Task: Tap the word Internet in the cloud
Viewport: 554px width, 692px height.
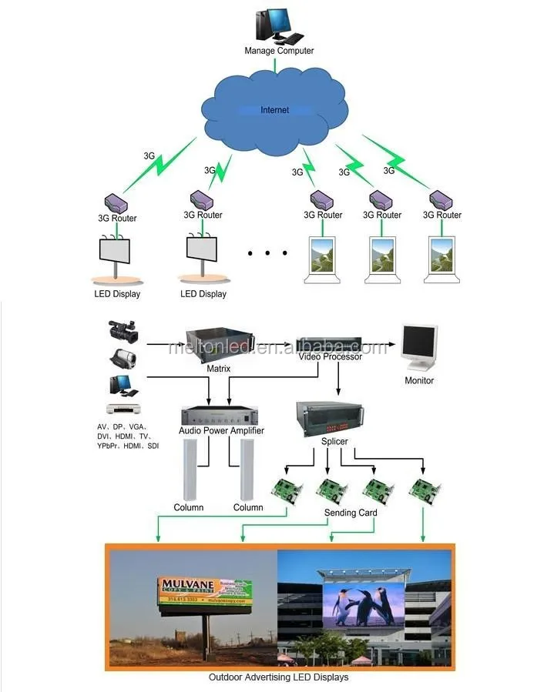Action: point(274,110)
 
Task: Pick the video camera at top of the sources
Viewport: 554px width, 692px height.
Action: point(123,331)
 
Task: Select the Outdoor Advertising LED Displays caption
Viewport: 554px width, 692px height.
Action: point(278,677)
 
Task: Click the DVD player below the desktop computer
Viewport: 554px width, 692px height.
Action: point(124,410)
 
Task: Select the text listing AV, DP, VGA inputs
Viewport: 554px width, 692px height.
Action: point(128,436)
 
